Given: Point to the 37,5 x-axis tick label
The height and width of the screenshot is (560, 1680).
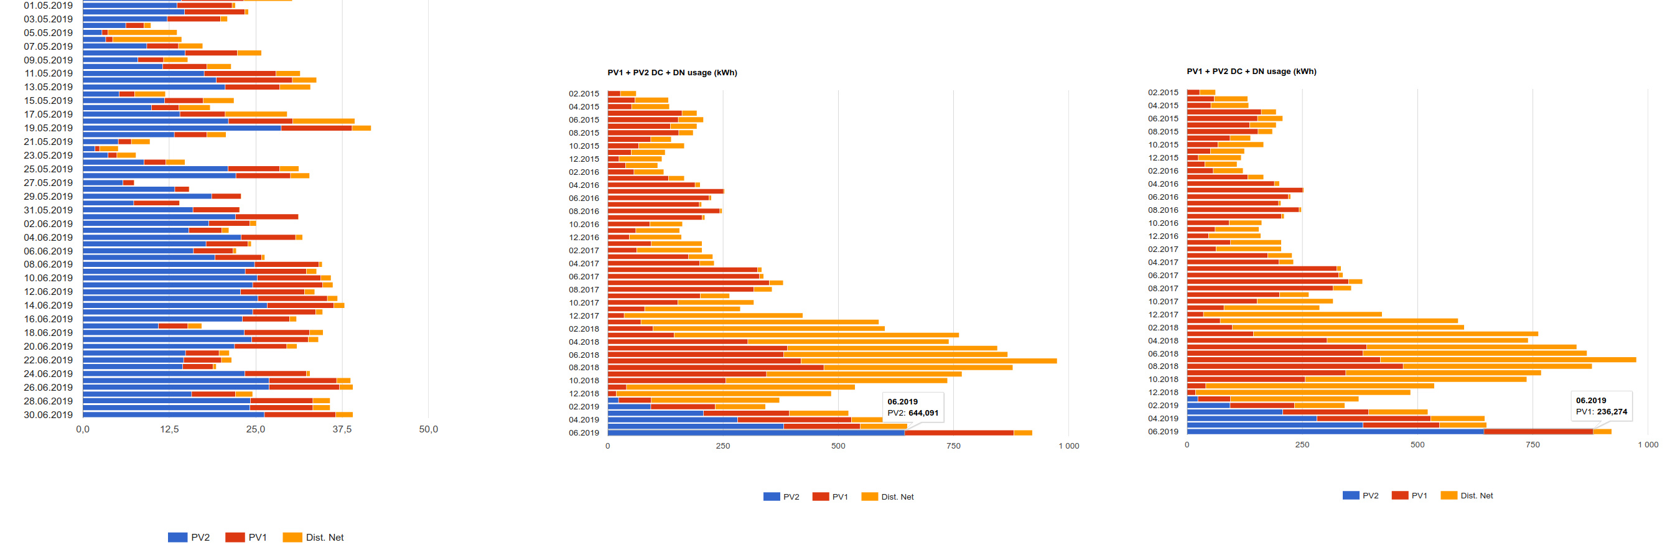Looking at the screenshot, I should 342,429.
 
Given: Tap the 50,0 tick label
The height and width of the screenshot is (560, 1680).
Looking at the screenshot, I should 429,429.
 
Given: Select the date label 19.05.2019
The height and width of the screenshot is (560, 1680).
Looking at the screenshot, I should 49,128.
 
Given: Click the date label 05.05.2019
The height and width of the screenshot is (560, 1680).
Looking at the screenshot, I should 49,32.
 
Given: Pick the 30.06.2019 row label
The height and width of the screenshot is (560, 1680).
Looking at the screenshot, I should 49,414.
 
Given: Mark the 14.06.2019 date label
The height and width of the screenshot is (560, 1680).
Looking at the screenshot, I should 49,305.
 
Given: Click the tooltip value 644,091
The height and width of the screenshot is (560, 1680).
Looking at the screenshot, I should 923,413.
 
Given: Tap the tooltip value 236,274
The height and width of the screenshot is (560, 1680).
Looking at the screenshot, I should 1612,411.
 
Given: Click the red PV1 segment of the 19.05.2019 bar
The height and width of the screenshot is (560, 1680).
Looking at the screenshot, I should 316,128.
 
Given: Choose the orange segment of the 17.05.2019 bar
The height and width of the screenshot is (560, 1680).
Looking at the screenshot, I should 256,114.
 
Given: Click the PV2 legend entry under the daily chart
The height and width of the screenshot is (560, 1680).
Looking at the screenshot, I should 189,537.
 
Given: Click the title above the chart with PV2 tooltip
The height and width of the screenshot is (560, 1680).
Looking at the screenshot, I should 672,72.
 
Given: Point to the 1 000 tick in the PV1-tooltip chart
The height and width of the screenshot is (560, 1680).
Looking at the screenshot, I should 1648,445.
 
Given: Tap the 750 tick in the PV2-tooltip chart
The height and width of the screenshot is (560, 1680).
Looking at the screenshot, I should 953,446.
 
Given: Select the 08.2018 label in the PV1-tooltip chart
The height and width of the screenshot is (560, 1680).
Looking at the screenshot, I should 1163,366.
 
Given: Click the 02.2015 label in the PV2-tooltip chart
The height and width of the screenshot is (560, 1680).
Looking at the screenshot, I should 583,94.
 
